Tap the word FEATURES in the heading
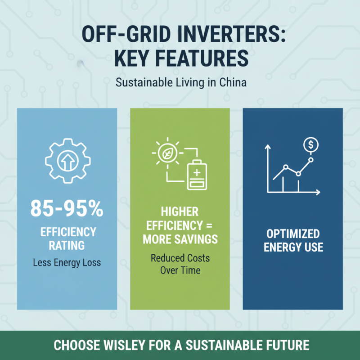tap(200, 58)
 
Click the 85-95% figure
tap(67, 209)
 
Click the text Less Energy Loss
tap(67, 263)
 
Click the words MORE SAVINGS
tap(180, 239)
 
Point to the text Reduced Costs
tap(180, 259)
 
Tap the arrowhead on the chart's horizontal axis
tap(318, 193)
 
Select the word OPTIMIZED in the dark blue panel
tap(293, 234)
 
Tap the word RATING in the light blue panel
tap(67, 246)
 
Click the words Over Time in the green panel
tap(180, 271)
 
